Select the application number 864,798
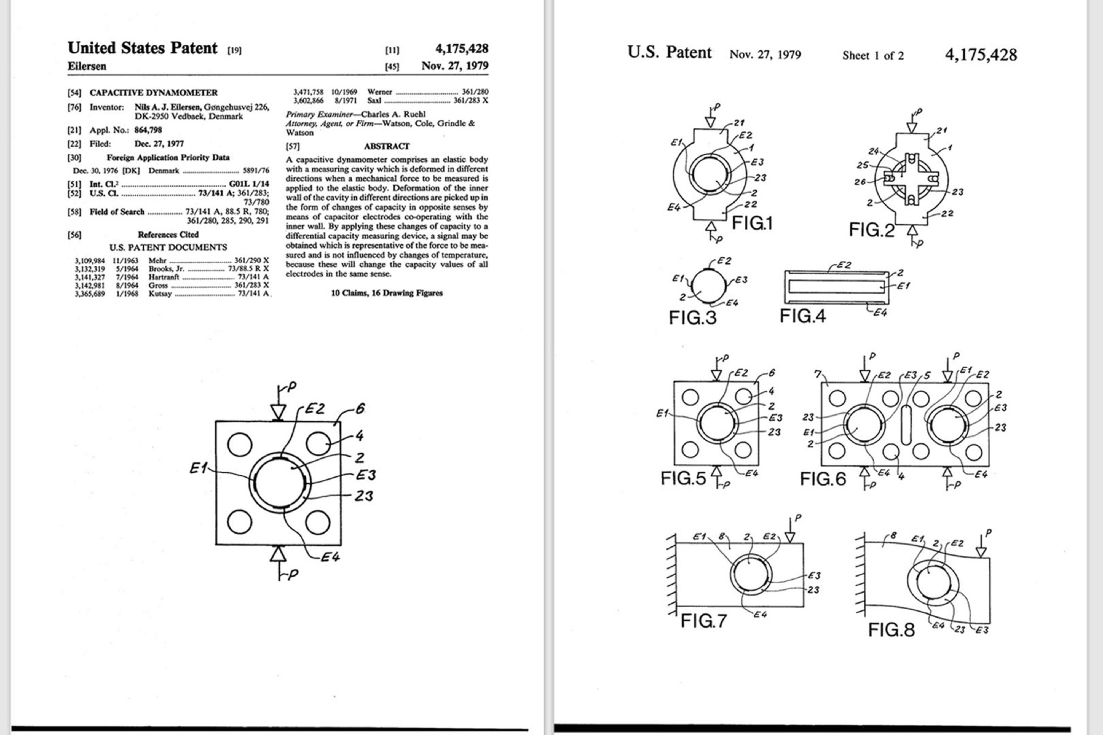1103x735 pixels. point(148,130)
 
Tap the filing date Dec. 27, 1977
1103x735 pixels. point(159,144)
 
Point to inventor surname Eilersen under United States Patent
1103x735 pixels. point(87,66)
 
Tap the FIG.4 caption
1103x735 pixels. point(802,316)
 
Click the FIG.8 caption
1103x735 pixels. point(891,629)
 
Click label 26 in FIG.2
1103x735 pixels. point(860,182)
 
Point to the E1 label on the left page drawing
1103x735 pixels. point(198,468)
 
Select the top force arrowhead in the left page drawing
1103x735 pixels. point(278,411)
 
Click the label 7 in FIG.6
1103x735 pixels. point(818,374)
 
